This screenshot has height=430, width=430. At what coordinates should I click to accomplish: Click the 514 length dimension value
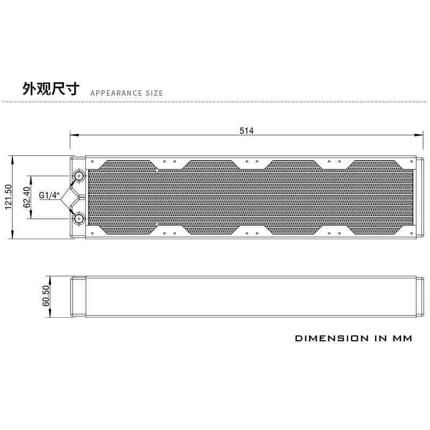pos(247,131)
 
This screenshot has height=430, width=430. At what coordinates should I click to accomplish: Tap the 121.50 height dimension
pos(9,197)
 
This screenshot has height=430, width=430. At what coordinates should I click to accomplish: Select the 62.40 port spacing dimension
pos(26,197)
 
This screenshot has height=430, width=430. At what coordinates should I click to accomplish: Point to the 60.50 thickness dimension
pos(46,296)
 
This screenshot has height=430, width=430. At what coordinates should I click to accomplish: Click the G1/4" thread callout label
pos(49,195)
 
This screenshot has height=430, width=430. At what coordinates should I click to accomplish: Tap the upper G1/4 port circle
pos(79,176)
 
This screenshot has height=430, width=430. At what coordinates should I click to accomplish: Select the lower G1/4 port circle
pos(79,219)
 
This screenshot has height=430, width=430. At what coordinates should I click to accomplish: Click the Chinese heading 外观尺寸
pos(51,89)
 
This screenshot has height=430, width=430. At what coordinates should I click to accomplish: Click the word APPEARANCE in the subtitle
pos(116,93)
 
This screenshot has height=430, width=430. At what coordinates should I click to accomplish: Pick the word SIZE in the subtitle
pos(154,93)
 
